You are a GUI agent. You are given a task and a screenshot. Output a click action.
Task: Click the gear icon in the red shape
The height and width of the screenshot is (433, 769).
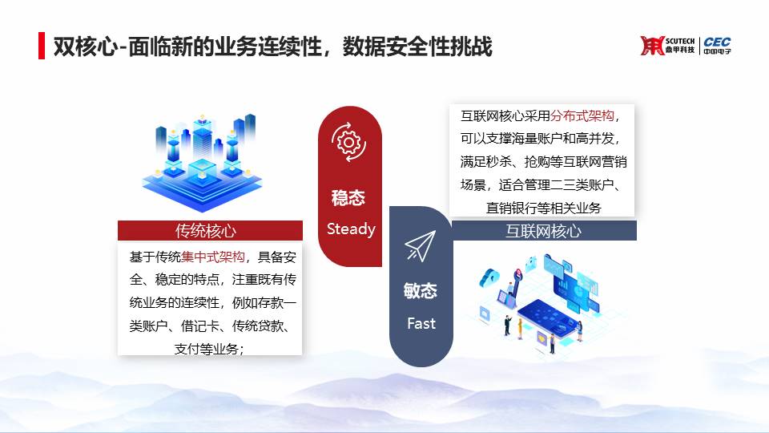pos(348,143)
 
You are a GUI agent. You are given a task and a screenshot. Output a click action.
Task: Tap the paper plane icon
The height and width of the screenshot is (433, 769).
pos(421,246)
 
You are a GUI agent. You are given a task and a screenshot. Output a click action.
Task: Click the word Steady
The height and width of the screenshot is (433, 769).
pos(351,229)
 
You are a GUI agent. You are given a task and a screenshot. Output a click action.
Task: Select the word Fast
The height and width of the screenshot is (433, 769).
pos(421,323)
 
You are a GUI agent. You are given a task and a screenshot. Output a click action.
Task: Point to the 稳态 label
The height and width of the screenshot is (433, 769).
pos(348,198)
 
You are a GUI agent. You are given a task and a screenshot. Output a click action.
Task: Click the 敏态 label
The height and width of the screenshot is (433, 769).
pos(421,290)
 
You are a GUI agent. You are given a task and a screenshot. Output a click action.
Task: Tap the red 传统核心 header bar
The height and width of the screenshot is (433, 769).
pos(210,230)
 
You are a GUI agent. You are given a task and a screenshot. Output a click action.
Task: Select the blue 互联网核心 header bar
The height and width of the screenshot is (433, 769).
pos(544,230)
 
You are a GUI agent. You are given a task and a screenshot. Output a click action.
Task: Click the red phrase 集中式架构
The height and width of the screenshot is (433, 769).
pos(213,257)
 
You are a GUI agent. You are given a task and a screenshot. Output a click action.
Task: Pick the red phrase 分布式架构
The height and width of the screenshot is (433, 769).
pos(582,115)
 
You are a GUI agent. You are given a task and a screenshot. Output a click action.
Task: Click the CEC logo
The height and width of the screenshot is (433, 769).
pos(717,46)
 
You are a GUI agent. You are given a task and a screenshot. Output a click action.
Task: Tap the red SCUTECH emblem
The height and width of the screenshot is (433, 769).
pos(652,46)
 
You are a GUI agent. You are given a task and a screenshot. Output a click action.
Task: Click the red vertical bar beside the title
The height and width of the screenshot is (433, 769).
pos(42,46)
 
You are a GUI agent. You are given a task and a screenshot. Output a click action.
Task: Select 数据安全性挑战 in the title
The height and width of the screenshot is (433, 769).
pos(417,47)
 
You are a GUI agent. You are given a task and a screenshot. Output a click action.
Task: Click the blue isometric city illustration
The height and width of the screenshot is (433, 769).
pos(203,163)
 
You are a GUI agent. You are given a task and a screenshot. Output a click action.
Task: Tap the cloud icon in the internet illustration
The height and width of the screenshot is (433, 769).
pos(489,277)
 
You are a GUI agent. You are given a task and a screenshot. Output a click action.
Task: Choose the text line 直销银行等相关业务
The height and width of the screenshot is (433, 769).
pos(543,208)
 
